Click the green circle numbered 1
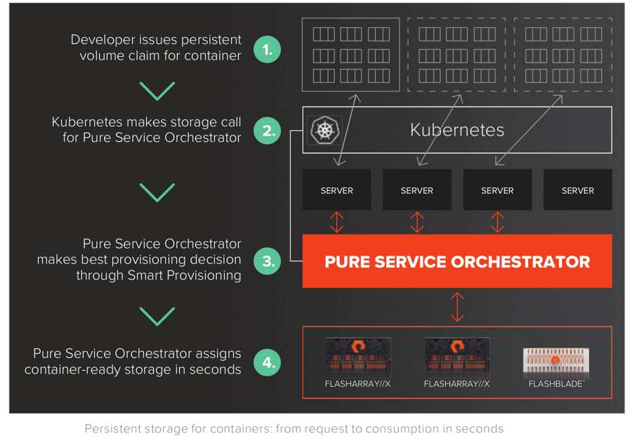pos(267,49)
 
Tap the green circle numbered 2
pos(267,131)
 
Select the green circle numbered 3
pos(267,261)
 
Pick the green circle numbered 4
pos(267,362)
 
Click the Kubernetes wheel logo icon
pos(324,130)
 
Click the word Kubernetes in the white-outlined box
pos(457,130)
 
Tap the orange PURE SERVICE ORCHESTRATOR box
pos(457,261)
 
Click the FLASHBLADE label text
pos(555,384)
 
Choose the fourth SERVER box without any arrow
pos(577,190)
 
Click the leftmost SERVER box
pos(336,190)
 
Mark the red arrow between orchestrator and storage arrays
pos(457,307)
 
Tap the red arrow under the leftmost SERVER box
pos(337,221)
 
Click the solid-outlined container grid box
pos(350,55)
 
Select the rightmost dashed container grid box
pos(562,55)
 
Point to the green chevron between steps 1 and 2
pos(157,91)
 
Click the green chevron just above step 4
pos(157,316)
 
